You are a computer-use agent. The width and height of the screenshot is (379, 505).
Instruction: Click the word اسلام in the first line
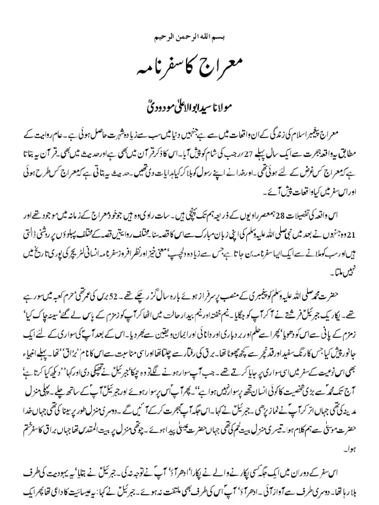pyautogui.click(x=308, y=135)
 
